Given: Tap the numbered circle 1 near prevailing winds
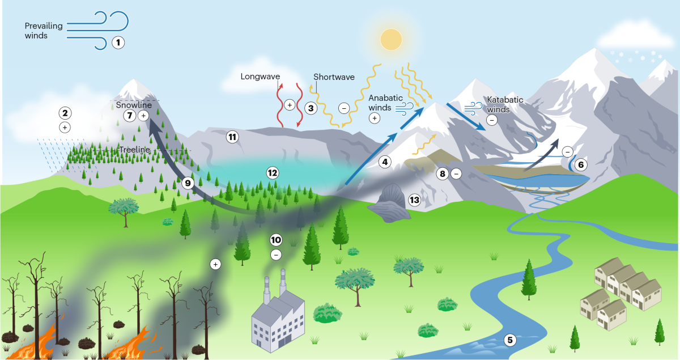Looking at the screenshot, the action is [118, 43].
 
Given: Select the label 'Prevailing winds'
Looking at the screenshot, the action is [44, 31].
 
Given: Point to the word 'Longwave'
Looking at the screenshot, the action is [260, 77].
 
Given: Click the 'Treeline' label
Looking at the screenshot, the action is [134, 149].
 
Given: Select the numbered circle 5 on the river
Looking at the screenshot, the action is [510, 340].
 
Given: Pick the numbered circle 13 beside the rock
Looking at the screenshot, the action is [414, 200].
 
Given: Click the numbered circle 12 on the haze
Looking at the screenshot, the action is [273, 172].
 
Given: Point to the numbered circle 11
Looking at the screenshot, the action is [231, 137].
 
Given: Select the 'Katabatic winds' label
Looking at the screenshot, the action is [505, 105].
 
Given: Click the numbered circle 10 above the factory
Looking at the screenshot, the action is [275, 240].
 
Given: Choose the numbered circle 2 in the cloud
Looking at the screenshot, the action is [65, 113].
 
